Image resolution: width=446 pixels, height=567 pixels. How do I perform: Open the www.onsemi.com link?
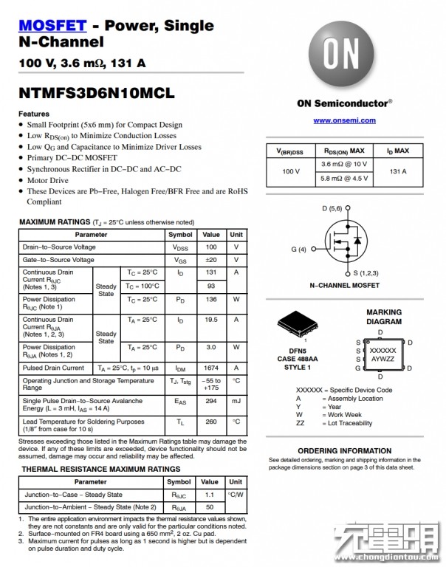pos(344,120)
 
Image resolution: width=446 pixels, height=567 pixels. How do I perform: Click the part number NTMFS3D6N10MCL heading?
pos(96,94)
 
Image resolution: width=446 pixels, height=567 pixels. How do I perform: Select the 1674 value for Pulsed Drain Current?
pos(211,368)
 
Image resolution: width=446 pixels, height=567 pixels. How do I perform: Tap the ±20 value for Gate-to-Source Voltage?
pos(211,260)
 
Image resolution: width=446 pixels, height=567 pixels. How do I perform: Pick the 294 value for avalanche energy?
pos(211,402)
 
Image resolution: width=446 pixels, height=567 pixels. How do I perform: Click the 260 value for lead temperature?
pos(211,422)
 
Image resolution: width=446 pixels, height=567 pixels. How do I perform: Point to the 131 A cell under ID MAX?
pos(399,171)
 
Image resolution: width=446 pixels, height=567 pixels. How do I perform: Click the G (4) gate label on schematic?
pos(298,249)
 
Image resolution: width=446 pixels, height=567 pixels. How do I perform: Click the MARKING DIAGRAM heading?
pos(384,317)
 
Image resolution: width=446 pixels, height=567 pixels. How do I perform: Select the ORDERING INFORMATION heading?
pos(344,450)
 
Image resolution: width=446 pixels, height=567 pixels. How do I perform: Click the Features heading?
pos(34,114)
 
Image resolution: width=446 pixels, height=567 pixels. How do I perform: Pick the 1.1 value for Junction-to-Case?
pos(210,495)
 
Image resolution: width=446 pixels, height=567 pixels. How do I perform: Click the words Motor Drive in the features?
pos(48,180)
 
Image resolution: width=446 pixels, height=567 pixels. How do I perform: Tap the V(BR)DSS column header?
pos(290,151)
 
